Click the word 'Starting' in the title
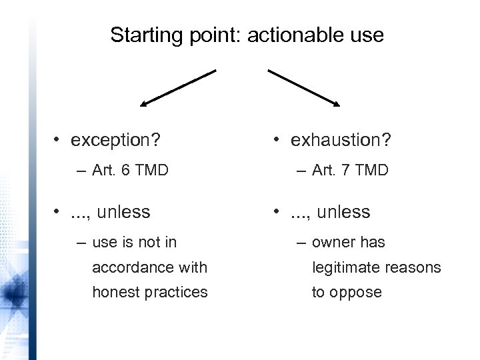(139, 35)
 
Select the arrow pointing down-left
(177, 87)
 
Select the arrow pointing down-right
(305, 87)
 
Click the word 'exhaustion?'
(339, 141)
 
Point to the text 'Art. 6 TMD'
(131, 171)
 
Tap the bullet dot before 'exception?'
(59, 141)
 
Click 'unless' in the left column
(123, 213)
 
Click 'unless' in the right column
(343, 213)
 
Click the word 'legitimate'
(340, 267)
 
